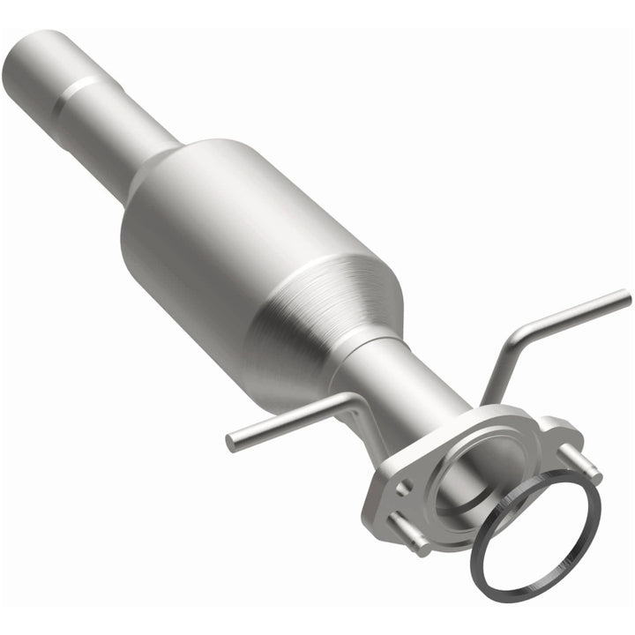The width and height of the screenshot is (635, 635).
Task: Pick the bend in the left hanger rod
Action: pos(353,401)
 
